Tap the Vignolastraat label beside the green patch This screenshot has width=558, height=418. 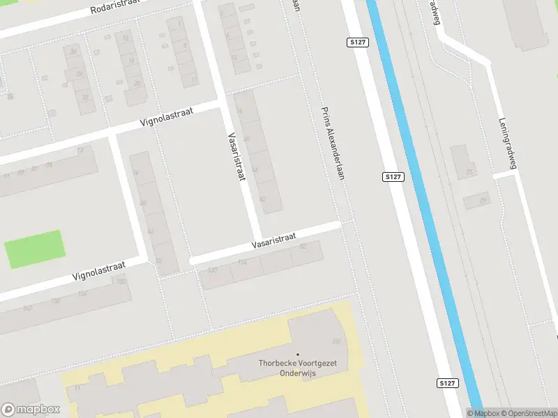[x=98, y=271]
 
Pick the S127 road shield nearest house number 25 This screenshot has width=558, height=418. [x=393, y=177]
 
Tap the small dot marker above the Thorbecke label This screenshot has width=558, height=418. [x=298, y=355]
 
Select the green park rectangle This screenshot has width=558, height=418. [x=34, y=249]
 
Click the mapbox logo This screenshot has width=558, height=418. [x=30, y=409]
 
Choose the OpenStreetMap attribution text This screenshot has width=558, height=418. [x=529, y=413]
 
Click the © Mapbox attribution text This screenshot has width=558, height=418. [x=483, y=413]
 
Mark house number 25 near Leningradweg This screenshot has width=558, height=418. [x=469, y=171]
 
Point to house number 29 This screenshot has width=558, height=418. [x=482, y=201]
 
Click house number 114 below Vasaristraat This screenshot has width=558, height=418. [x=242, y=263]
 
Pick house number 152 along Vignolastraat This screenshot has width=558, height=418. [x=83, y=293]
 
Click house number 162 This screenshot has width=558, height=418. [x=28, y=308]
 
